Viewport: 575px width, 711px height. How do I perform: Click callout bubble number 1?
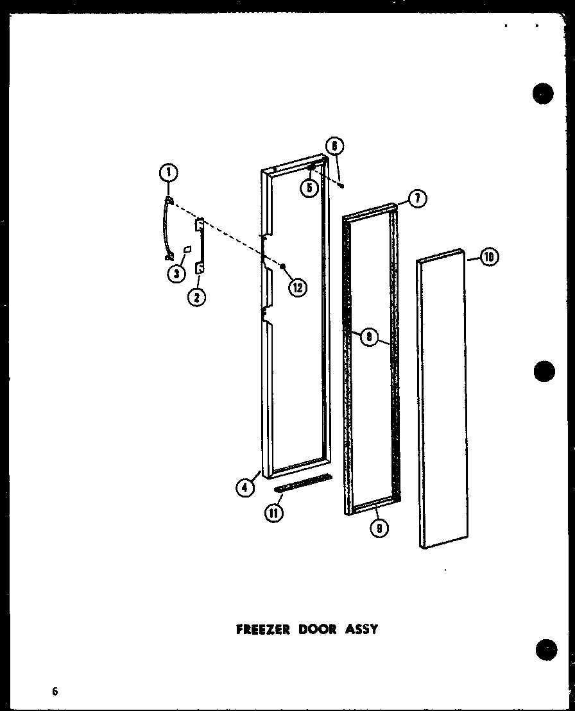[167, 172]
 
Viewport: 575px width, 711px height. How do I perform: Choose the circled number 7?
[417, 199]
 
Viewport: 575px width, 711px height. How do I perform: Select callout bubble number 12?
[296, 288]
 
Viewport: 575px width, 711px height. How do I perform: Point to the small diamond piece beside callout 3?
[187, 249]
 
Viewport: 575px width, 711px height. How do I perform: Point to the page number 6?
[56, 691]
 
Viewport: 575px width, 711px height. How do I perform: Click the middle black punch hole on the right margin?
[543, 371]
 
